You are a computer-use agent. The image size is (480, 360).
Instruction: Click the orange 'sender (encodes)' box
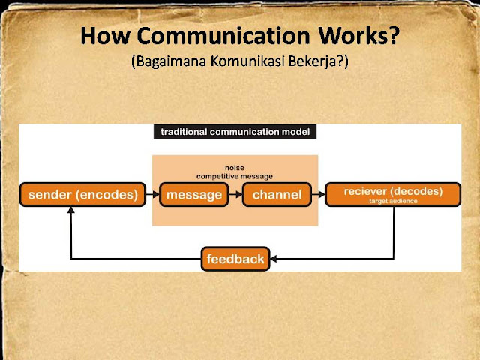[83, 195]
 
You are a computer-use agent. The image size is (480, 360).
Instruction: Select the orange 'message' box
[194, 195]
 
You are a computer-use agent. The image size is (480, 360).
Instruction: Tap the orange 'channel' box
[277, 195]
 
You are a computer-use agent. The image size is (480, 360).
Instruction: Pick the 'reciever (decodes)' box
[392, 194]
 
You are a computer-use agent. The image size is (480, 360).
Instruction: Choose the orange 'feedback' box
[235, 259]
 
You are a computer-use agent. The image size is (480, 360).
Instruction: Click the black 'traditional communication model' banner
[235, 133]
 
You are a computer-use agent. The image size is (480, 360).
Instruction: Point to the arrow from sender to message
[151, 195]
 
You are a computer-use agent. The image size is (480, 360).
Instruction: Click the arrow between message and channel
[235, 195]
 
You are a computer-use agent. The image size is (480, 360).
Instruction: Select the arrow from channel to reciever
[318, 195]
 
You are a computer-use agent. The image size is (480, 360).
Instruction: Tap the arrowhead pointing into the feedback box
[273, 259]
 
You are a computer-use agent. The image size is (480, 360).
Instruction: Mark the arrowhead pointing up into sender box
[70, 211]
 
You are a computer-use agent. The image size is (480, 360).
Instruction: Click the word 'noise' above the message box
[235, 168]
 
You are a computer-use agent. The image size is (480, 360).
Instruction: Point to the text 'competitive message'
[235, 176]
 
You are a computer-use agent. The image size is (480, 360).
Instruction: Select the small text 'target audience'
[392, 201]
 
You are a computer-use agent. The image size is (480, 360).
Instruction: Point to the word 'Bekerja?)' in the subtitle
[319, 62]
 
